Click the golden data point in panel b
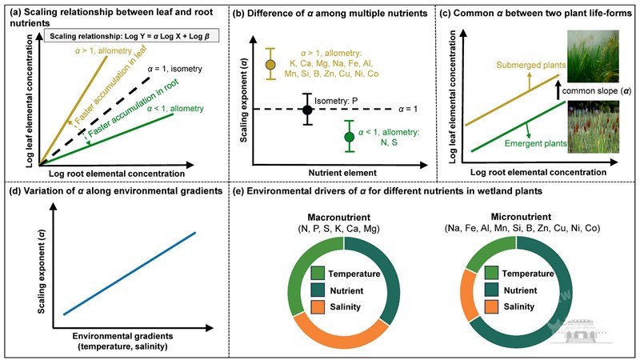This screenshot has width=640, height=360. (x=270, y=64)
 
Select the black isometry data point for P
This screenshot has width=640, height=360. (x=306, y=109)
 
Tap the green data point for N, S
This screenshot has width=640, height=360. (x=348, y=137)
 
